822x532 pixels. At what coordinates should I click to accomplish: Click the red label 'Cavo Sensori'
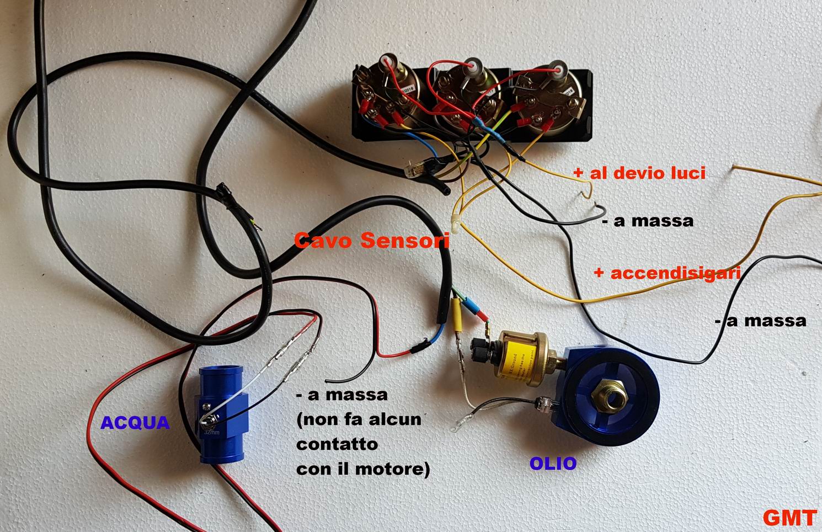pyautogui.click(x=372, y=241)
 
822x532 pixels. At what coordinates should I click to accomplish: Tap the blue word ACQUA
pyautogui.click(x=135, y=423)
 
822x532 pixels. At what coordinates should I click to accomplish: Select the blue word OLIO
pyautogui.click(x=553, y=464)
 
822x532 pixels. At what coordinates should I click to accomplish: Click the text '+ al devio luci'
pyautogui.click(x=639, y=173)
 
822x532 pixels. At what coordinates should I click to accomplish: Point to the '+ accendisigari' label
pyautogui.click(x=666, y=273)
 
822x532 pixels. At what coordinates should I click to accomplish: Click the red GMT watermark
pyautogui.click(x=789, y=518)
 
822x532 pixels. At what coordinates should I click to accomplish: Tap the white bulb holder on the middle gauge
pyautogui.click(x=473, y=65)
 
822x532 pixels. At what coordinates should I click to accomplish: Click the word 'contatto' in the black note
pyautogui.click(x=337, y=444)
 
